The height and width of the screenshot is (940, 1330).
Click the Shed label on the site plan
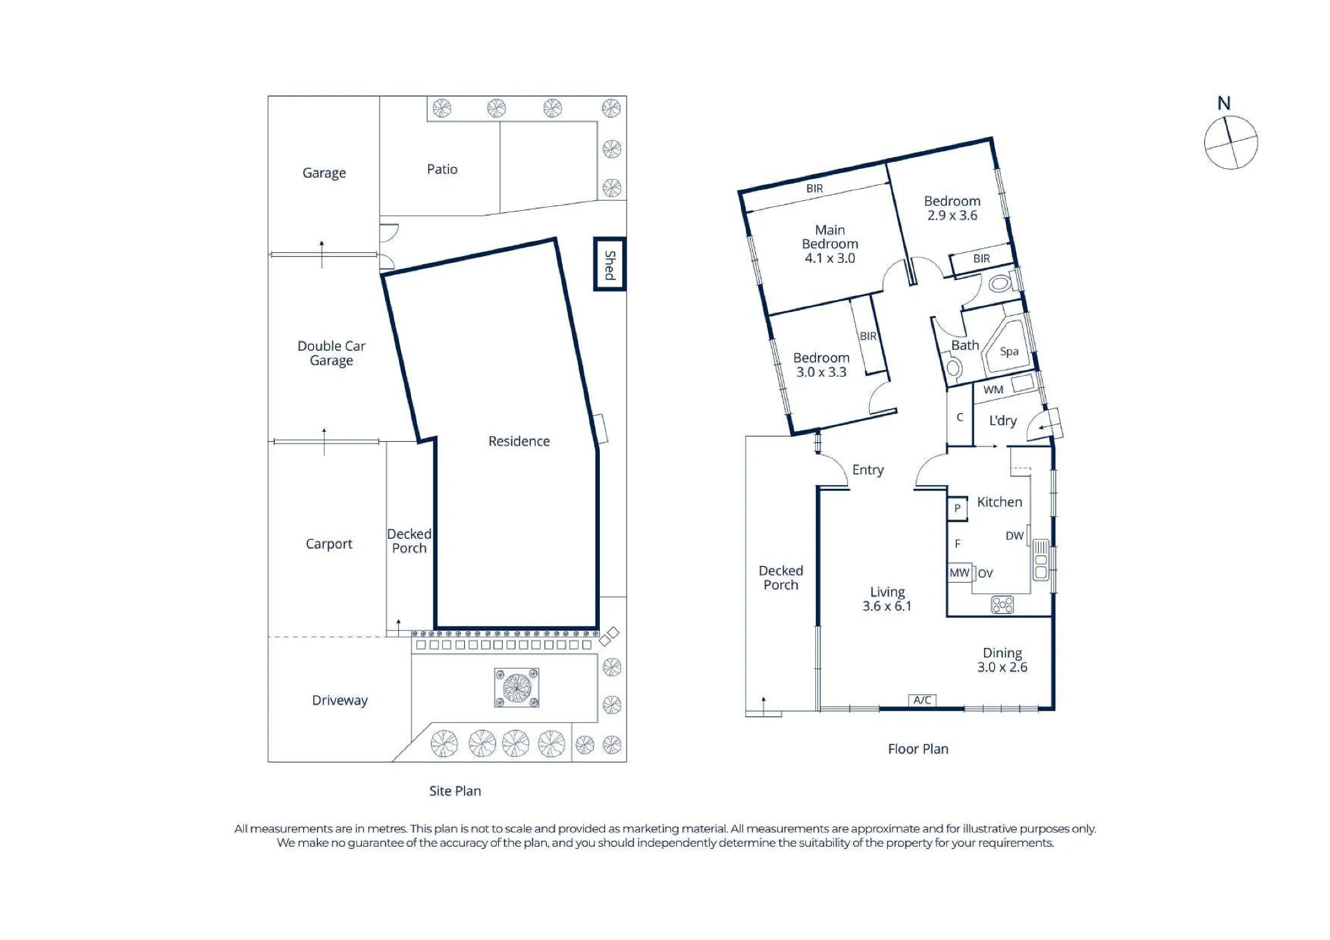(610, 265)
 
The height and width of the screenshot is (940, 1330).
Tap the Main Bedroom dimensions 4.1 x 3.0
(830, 258)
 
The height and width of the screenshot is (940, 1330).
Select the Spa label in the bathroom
(1009, 352)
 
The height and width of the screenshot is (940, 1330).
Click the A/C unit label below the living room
(922, 700)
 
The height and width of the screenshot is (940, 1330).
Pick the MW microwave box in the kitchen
(960, 573)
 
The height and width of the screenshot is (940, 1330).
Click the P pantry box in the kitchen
(958, 508)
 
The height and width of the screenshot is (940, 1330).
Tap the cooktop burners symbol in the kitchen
(1002, 605)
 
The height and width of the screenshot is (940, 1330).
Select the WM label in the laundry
(994, 390)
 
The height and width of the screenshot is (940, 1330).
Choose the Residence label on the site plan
(519, 441)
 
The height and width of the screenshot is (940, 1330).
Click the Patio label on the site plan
(442, 169)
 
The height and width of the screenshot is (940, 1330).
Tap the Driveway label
(340, 701)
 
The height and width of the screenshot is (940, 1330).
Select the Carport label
(329, 544)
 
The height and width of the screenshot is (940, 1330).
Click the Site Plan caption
(455, 791)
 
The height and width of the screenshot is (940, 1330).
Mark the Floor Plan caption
(918, 749)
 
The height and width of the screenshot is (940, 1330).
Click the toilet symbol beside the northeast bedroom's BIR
(999, 284)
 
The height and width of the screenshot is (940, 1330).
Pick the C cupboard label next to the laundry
(960, 417)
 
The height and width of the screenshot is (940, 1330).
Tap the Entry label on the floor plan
(868, 470)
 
